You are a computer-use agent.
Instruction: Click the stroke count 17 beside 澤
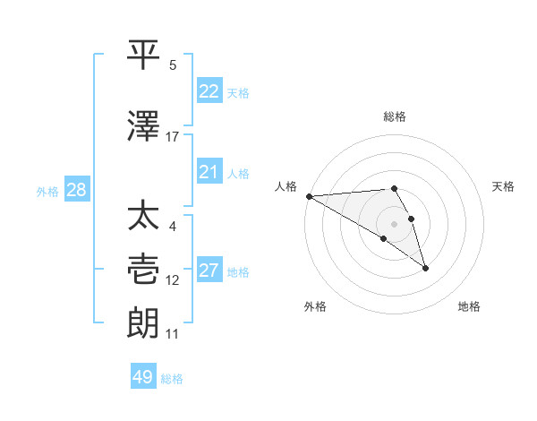point(173,137)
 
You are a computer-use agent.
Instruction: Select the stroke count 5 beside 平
point(173,65)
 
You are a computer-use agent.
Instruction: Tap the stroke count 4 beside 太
point(173,227)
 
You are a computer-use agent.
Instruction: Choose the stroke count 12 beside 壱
point(173,280)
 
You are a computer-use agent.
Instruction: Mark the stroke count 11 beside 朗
point(173,334)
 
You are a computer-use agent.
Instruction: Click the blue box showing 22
point(209,91)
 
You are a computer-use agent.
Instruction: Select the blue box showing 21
point(209,172)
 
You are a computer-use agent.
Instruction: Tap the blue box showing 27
point(209,271)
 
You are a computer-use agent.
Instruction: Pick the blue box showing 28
point(76,190)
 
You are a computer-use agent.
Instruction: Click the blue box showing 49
point(143,377)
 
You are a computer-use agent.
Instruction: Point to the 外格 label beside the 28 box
point(47,191)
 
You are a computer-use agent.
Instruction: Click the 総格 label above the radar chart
point(395,116)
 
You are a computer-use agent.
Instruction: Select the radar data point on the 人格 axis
point(308,196)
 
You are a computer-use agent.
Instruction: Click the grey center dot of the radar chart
point(394,223)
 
